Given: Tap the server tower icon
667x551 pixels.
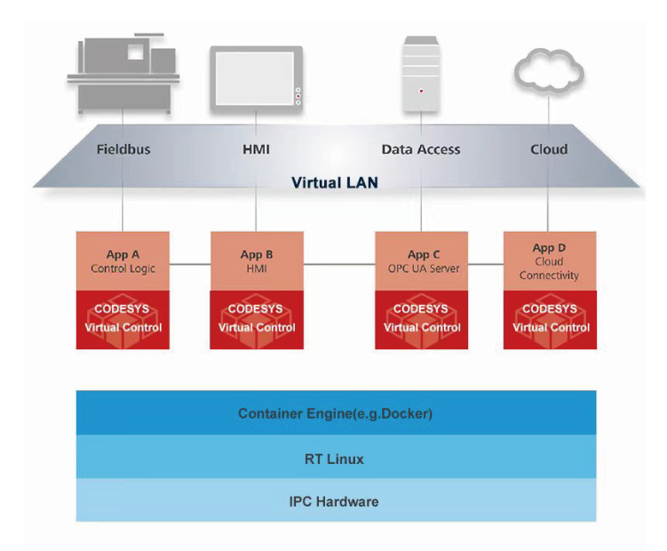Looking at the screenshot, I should pyautogui.click(x=421, y=75).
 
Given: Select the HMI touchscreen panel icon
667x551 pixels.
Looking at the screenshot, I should pyautogui.click(x=256, y=79).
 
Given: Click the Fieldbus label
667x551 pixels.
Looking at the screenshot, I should pyautogui.click(x=123, y=149).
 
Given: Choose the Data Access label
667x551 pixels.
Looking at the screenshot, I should pyautogui.click(x=421, y=149).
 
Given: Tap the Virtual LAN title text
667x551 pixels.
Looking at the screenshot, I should pyautogui.click(x=335, y=184).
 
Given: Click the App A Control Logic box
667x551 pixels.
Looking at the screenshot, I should pyautogui.click(x=123, y=261).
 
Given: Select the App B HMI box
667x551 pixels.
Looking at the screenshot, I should pyautogui.click(x=256, y=261).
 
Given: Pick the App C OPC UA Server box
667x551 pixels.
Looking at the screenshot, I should pyautogui.click(x=421, y=261).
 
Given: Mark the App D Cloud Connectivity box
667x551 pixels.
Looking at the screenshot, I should pyautogui.click(x=550, y=261).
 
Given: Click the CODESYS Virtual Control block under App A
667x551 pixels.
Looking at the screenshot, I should pyautogui.click(x=123, y=319).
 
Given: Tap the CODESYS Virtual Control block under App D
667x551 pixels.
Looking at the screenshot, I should pyautogui.click(x=550, y=319).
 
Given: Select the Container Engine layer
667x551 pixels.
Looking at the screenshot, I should pyautogui.click(x=335, y=413).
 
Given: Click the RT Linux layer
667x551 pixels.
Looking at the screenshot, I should pyautogui.click(x=335, y=459).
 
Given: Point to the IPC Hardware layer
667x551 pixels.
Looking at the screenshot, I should pyautogui.click(x=335, y=501).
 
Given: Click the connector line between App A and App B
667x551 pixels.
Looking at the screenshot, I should pyautogui.click(x=189, y=264).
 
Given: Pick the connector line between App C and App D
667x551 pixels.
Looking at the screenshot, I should pyautogui.click(x=485, y=264).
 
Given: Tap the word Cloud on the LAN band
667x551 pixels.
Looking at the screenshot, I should pyautogui.click(x=549, y=149).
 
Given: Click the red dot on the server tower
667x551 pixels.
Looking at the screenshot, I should pyautogui.click(x=421, y=91).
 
